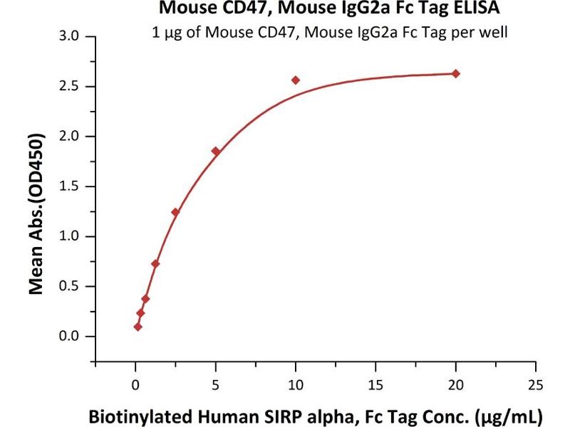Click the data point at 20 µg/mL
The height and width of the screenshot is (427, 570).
pos(456,73)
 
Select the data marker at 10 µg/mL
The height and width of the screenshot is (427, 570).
pos(296,80)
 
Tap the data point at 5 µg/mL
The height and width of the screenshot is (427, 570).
pos(215,151)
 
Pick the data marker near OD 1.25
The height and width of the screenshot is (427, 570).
pos(175,212)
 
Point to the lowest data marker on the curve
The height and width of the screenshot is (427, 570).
pos(138,327)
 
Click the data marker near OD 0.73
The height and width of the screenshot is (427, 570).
pos(155,263)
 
